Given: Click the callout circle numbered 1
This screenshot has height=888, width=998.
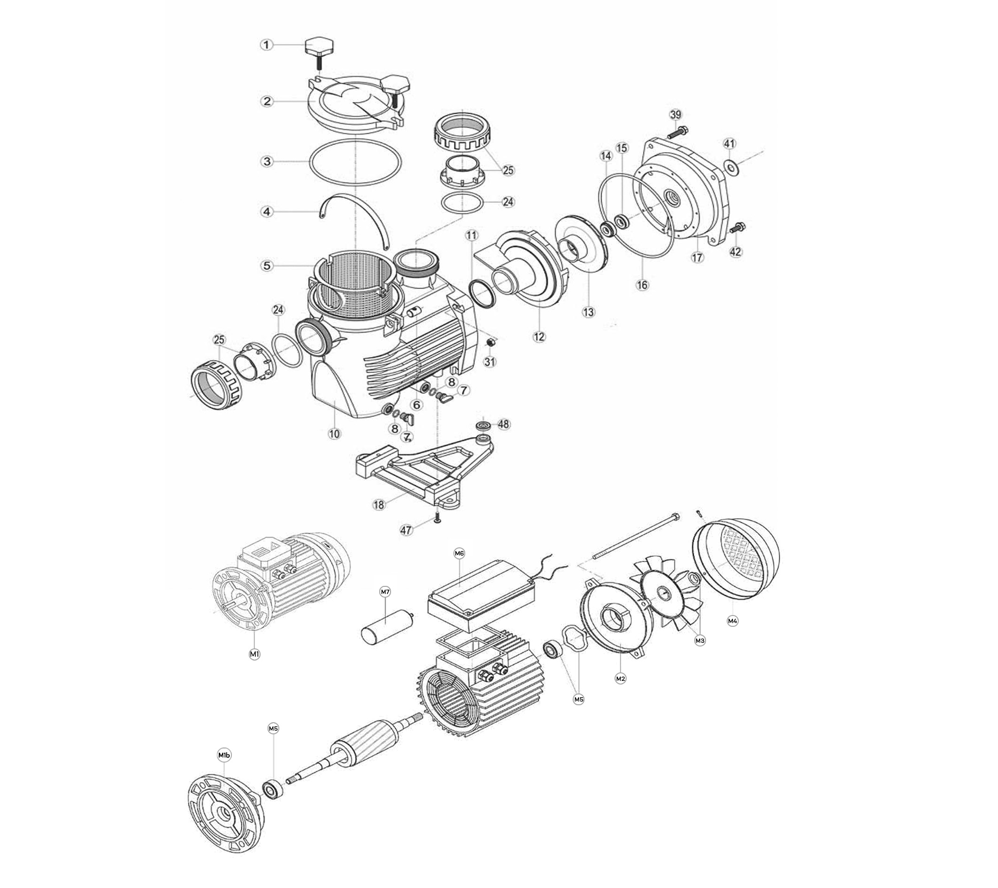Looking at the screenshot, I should [266, 45].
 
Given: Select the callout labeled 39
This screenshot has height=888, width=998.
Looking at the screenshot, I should [675, 115].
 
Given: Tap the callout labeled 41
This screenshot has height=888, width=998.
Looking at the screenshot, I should [729, 144].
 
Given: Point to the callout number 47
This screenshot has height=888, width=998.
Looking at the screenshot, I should [406, 530].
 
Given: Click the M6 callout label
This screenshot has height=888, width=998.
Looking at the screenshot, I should [459, 553].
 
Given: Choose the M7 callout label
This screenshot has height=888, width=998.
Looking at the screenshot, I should [385, 592].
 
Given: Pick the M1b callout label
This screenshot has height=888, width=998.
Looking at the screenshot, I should [224, 755].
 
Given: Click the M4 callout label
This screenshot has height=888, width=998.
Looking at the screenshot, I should [732, 621].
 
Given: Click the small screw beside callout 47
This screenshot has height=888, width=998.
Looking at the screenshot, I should [436, 518].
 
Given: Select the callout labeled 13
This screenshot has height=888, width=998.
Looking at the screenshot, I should [589, 312].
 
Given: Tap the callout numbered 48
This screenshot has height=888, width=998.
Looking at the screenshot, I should [503, 424].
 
